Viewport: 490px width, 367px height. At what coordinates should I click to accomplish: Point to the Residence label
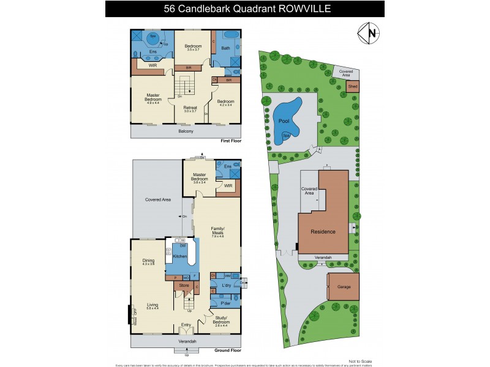coord(323,232)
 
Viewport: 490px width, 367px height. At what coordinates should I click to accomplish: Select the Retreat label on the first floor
coord(190,107)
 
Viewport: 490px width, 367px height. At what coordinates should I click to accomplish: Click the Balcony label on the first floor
coord(186,132)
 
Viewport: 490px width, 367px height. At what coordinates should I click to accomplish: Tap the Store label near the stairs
coord(183,285)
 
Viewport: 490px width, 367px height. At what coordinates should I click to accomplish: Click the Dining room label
coord(148,260)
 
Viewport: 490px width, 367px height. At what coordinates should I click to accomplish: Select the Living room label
coord(153,304)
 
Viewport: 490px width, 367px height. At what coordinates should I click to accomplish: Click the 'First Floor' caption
coord(231,141)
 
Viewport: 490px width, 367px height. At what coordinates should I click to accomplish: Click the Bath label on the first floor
coord(225,48)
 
